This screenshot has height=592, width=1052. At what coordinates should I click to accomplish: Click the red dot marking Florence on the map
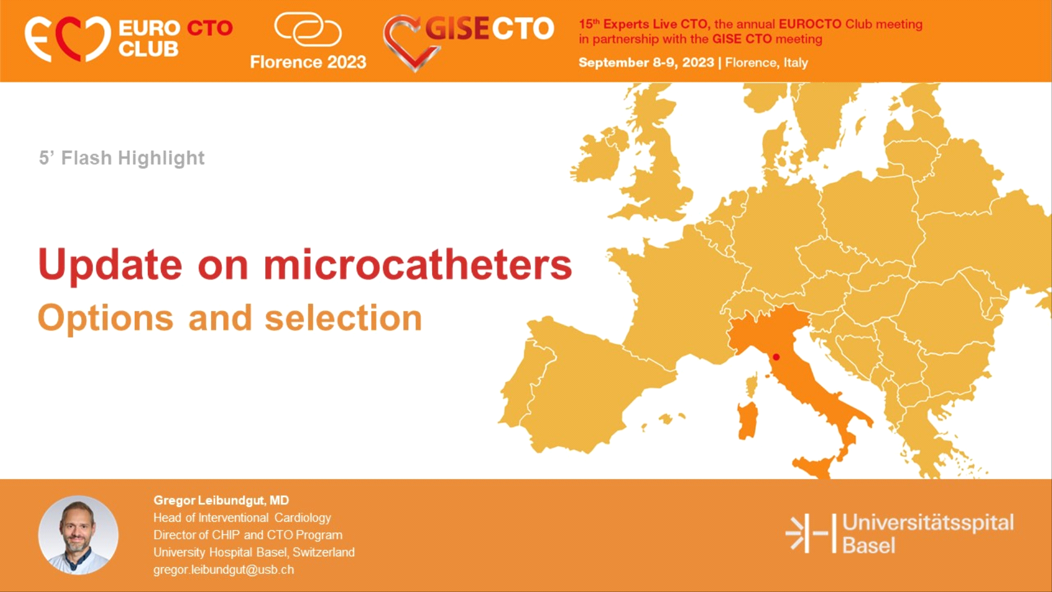(x=776, y=357)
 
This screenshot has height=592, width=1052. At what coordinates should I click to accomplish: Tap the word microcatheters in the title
(x=418, y=265)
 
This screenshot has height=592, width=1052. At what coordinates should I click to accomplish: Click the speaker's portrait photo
(x=78, y=535)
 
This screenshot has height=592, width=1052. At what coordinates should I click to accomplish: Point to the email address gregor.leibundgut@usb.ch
(x=224, y=570)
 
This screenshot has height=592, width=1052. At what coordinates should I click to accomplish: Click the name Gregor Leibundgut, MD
(x=221, y=500)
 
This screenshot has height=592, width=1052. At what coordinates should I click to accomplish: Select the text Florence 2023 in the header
(x=308, y=62)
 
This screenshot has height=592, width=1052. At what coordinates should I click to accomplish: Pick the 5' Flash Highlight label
(x=122, y=158)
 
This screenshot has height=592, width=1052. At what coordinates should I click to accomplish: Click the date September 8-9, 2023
(x=647, y=62)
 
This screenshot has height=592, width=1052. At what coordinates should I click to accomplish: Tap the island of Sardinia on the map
(x=747, y=420)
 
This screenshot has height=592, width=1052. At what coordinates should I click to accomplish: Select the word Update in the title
(x=110, y=265)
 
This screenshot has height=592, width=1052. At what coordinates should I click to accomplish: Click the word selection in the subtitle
(x=344, y=318)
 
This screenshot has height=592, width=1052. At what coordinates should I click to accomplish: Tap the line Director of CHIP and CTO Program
(x=248, y=535)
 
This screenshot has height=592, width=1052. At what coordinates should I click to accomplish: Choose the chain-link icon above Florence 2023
(x=307, y=29)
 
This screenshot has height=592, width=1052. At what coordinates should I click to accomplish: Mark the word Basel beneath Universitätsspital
(x=868, y=545)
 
